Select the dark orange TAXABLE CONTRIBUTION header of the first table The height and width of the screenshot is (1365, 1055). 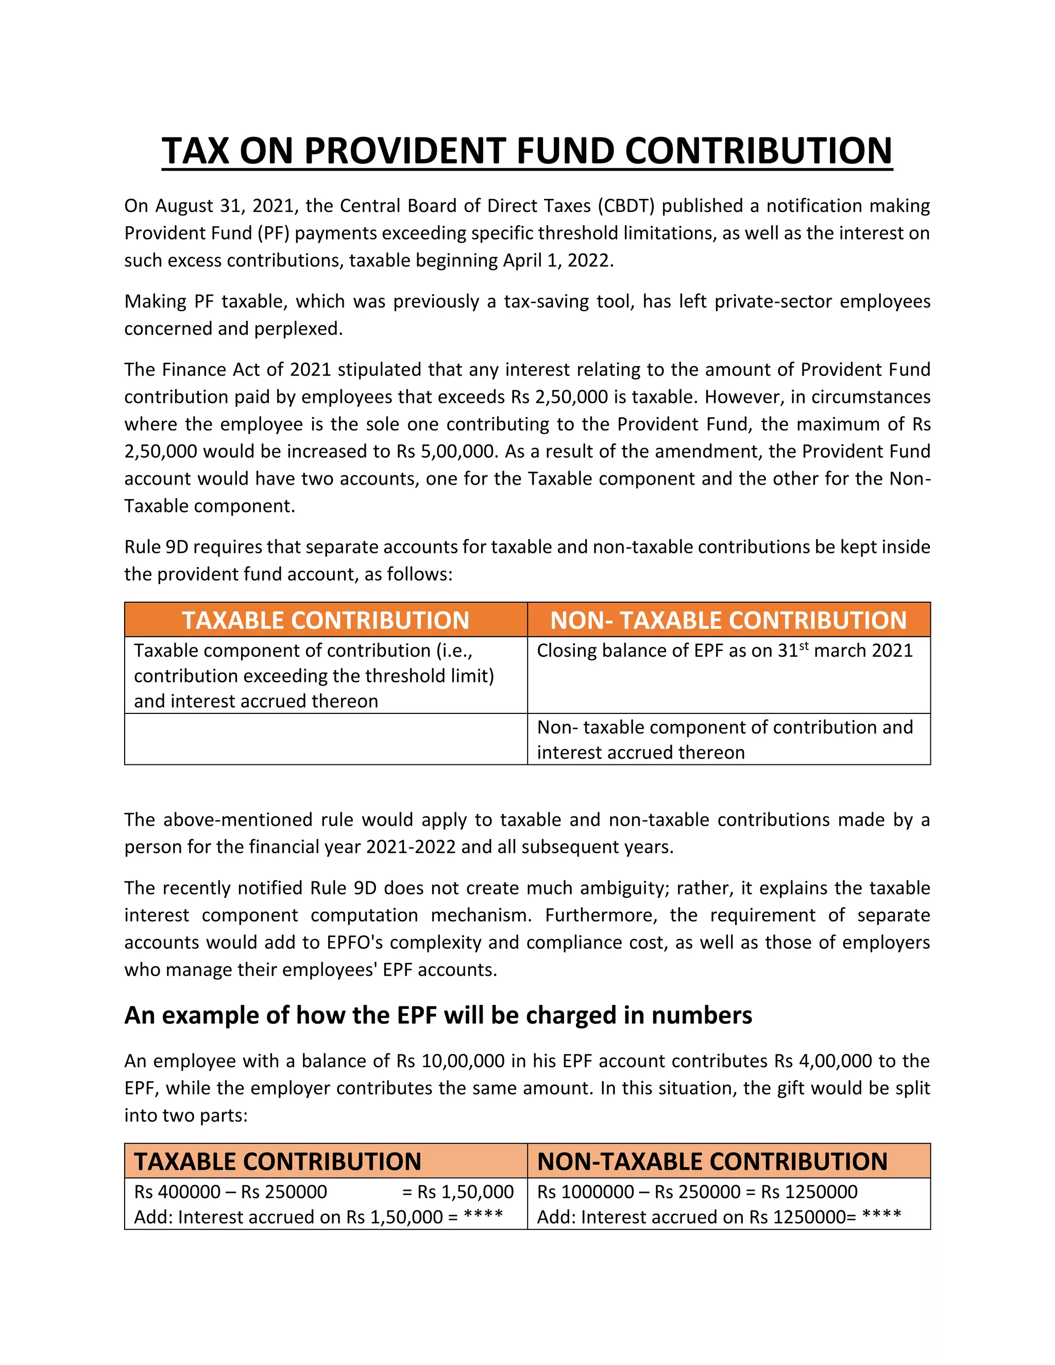pyautogui.click(x=325, y=620)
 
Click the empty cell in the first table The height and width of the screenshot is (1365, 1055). pyautogui.click(x=325, y=739)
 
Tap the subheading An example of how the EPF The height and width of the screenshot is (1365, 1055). pyautogui.click(x=437, y=1016)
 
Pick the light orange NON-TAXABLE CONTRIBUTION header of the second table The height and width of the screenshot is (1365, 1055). pyautogui.click(x=712, y=1161)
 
